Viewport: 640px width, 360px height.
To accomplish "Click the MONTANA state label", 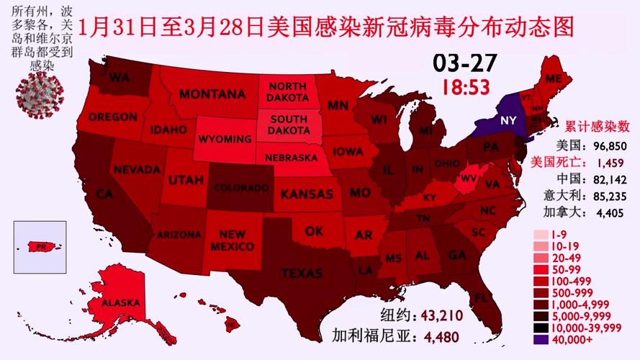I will point(212,94).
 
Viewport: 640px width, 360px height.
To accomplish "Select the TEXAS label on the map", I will point(301,273).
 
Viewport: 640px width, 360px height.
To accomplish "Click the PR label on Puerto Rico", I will point(42,246).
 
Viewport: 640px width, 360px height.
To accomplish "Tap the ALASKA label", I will point(120,303).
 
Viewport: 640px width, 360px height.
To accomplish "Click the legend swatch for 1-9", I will point(540,235).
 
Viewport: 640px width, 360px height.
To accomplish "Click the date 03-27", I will point(464,63).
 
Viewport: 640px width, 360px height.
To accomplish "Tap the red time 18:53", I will point(465,87).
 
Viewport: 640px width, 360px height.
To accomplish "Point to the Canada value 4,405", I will point(609,212).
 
